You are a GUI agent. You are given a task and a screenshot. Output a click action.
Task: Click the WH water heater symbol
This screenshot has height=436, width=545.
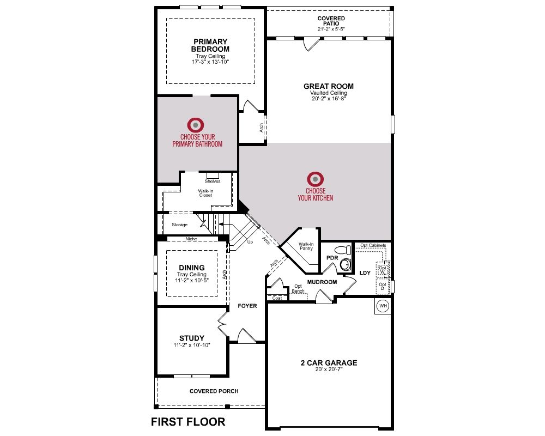coord(383,306)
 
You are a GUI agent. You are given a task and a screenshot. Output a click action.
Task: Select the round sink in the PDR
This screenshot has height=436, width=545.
coord(346,264)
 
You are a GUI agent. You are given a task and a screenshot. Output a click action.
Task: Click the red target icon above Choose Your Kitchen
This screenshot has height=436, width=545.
coord(315,179)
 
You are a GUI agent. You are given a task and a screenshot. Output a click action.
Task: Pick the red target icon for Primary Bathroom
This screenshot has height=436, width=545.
coord(196,125)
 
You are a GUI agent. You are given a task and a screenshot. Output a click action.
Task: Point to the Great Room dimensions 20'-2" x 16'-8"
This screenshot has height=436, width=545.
coord(329,99)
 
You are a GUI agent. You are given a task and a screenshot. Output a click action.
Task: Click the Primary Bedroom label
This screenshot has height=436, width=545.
coord(210,45)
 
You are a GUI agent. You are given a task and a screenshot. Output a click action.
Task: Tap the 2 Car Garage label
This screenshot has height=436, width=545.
coord(329,362)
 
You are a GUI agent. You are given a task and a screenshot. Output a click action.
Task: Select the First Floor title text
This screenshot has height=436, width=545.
coord(188,422)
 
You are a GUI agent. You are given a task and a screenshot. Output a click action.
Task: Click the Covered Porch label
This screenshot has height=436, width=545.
coord(214,391)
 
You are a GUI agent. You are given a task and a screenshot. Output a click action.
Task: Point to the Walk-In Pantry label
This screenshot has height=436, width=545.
coord(306,246)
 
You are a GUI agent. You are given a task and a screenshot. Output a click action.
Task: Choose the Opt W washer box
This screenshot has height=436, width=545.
coord(383,270)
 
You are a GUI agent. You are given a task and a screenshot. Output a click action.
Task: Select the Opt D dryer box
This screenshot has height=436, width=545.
coord(383,286)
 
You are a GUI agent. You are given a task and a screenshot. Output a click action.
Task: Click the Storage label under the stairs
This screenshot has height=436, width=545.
coord(180,225)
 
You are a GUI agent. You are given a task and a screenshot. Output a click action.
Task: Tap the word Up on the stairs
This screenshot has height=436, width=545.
coord(250,242)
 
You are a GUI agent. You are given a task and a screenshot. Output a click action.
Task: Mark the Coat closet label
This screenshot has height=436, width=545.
coord(277,298)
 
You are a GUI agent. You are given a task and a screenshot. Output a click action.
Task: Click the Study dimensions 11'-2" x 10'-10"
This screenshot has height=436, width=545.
coord(192,345)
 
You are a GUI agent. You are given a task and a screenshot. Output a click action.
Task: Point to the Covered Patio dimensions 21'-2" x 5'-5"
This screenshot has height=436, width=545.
coord(331,29)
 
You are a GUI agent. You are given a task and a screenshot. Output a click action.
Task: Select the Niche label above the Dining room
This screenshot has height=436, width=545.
coord(191,239)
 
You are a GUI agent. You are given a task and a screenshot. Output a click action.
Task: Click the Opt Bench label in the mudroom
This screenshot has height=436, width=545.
coord(298,289)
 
